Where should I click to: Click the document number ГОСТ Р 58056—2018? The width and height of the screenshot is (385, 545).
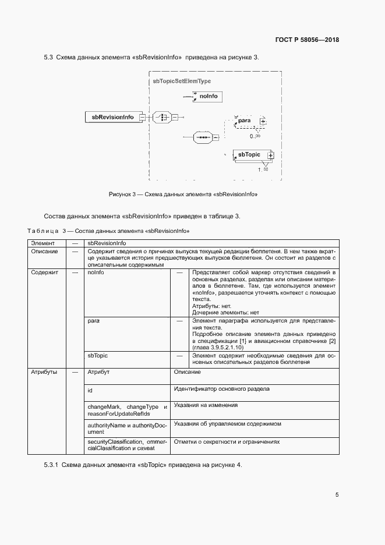click(x=307, y=40)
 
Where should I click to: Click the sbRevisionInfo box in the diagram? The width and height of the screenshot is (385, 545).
click(x=112, y=117)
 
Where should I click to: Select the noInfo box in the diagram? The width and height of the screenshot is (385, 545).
click(x=208, y=95)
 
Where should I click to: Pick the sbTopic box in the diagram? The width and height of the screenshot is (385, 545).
click(x=249, y=155)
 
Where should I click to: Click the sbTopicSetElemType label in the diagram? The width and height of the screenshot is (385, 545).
click(x=181, y=82)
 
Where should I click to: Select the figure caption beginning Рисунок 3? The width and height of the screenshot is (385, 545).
click(x=183, y=194)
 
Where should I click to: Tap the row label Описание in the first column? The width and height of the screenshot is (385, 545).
click(x=44, y=252)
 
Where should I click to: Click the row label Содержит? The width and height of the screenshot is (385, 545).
click(x=44, y=272)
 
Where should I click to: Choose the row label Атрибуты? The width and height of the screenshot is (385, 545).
click(x=44, y=372)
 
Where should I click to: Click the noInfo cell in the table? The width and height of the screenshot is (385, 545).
click(x=96, y=272)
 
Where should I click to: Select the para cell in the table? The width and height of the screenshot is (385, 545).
click(x=93, y=321)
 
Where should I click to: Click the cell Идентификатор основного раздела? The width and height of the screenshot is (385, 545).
click(x=221, y=388)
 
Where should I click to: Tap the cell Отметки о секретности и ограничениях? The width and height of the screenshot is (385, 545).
click(x=227, y=442)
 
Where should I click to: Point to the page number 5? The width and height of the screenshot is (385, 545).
click(x=337, y=495)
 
